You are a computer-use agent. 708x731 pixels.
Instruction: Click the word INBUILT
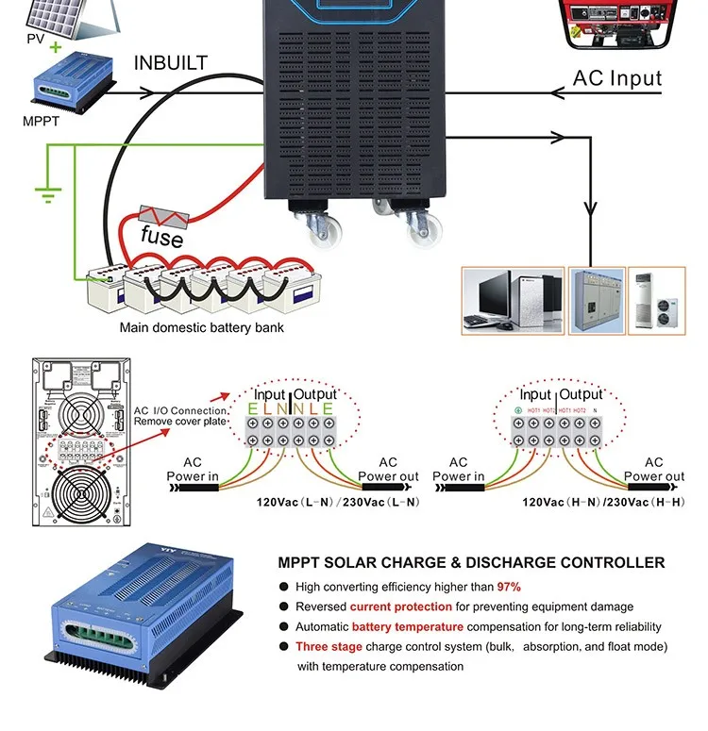(x=170, y=63)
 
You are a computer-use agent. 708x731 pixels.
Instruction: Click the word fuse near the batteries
(x=161, y=237)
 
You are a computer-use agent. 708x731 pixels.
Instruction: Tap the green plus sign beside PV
(x=56, y=46)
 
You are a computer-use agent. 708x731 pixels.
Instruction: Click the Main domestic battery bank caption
(x=201, y=328)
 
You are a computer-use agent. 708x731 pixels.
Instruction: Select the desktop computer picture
(x=513, y=300)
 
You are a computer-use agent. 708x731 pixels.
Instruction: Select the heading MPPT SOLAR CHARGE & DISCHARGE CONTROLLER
(x=471, y=563)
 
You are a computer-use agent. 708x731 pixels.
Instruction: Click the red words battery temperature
(x=407, y=626)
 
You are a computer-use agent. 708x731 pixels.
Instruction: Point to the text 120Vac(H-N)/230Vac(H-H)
(x=604, y=502)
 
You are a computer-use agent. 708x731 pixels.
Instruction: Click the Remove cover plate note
(x=179, y=423)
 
